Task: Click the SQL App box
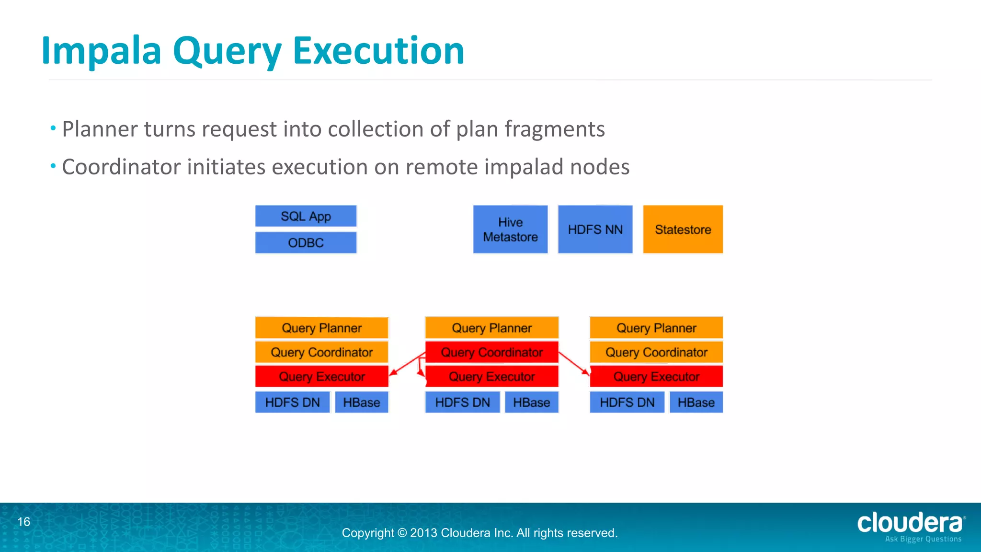coord(306,216)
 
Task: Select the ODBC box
coord(306,242)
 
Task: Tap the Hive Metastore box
coord(510,230)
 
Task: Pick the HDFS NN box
coord(595,230)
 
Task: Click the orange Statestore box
coord(683,230)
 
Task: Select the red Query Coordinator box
coord(491,352)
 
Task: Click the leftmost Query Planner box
coord(321,328)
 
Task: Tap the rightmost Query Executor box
coord(656,377)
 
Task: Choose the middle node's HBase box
coord(531,402)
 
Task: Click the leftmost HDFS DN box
coord(292,402)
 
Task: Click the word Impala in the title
coord(101,51)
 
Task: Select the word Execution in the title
coord(378,50)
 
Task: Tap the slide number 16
coord(24,522)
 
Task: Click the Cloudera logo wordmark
coord(910,523)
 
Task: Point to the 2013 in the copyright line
coord(423,533)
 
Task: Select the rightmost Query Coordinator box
coord(656,352)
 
